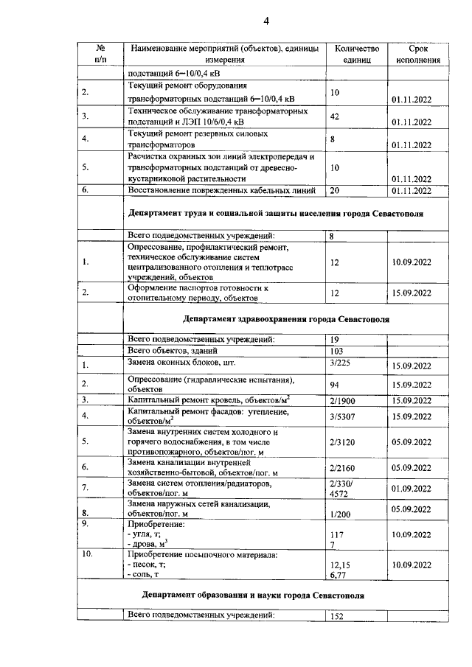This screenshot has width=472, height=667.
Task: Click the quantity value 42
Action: coord(336,117)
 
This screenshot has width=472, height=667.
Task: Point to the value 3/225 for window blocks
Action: coord(340,363)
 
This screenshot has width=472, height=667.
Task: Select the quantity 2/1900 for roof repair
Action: coord(343,400)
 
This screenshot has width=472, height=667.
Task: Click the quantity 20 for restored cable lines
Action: coord(336,190)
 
